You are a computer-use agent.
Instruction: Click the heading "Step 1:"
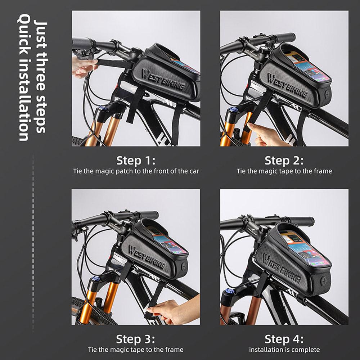pos(136,161)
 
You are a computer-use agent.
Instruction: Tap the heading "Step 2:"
pos(284,161)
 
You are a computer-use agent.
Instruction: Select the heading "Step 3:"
pos(135,339)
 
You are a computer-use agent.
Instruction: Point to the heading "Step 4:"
pos(284,339)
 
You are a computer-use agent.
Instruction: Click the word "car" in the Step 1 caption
pos(194,171)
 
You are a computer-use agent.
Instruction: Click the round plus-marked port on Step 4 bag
pos(324,281)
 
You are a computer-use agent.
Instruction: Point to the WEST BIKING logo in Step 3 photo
pos(147,257)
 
